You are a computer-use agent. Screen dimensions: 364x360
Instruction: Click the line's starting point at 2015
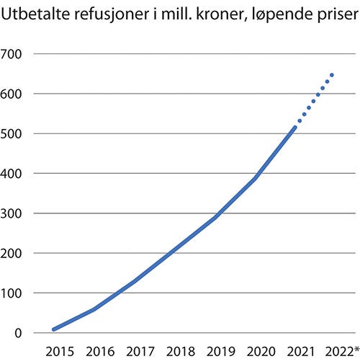point(54,329)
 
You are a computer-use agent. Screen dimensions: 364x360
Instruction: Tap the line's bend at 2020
point(256,177)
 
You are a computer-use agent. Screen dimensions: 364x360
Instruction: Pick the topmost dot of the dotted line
point(332,74)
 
